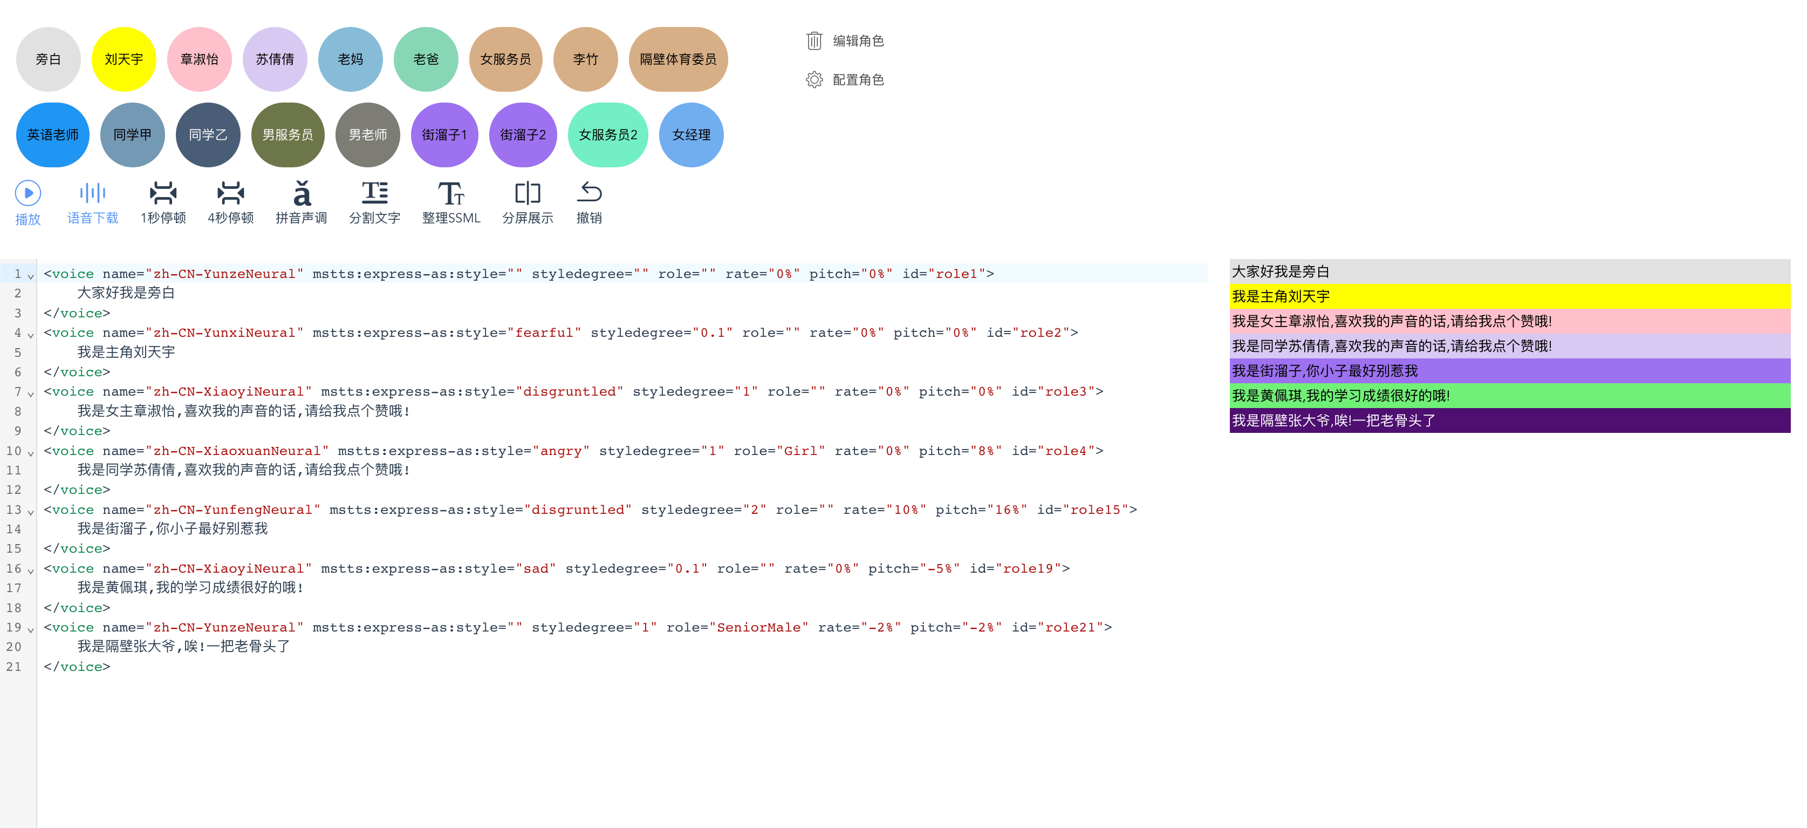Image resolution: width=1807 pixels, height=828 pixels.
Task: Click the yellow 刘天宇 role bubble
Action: click(x=124, y=59)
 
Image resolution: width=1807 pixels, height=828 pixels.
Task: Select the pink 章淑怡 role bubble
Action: click(x=199, y=59)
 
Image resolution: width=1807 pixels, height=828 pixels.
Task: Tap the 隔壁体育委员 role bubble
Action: click(x=677, y=59)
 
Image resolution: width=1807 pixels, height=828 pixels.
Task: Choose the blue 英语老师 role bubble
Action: click(x=53, y=135)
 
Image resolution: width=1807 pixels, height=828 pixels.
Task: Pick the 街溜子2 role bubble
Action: click(x=523, y=135)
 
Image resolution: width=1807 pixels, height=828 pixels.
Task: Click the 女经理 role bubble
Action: click(x=691, y=135)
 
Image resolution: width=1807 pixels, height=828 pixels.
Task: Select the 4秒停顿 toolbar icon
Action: click(x=230, y=193)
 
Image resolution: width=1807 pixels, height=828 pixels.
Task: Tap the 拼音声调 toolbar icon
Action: click(x=301, y=193)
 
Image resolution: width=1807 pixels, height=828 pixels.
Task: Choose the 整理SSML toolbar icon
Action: click(x=450, y=193)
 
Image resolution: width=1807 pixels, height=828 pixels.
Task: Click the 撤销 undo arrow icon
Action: click(x=589, y=192)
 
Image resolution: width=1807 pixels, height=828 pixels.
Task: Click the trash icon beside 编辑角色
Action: click(x=814, y=40)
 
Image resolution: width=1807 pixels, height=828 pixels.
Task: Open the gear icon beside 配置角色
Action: click(x=814, y=80)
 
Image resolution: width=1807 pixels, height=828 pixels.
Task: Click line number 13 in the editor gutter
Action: click(x=14, y=510)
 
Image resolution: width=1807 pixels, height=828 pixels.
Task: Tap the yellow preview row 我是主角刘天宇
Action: click(x=1509, y=297)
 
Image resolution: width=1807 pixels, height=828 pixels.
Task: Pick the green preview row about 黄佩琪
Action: click(x=1509, y=396)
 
